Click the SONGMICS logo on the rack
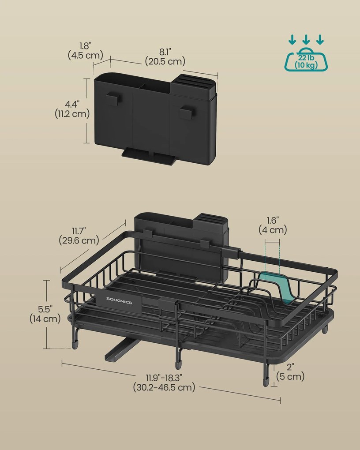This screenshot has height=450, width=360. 119,303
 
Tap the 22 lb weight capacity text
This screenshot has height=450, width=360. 306,58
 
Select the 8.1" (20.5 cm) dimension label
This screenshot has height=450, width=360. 165,57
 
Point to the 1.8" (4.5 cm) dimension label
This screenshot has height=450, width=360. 85,50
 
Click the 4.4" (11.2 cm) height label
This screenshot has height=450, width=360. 72,109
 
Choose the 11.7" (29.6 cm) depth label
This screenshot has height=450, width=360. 79,236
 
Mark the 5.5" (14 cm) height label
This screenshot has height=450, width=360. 45,314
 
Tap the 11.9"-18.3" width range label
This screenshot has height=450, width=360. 164,382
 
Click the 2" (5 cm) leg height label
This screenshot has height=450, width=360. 290,371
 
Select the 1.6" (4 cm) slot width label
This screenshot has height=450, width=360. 273,225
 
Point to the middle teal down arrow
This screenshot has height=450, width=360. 306,39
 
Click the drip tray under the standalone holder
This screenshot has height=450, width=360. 149,156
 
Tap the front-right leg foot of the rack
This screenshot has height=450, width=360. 266,382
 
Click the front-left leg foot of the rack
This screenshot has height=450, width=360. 75,345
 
